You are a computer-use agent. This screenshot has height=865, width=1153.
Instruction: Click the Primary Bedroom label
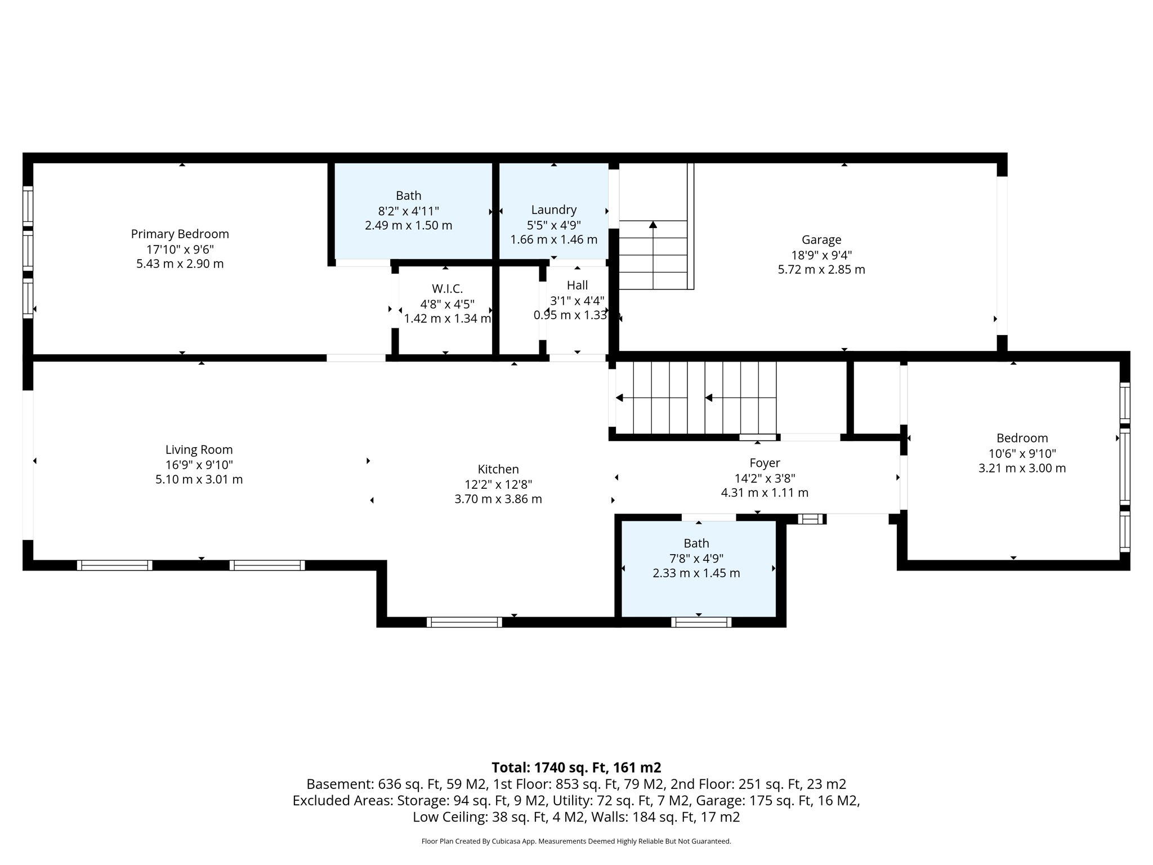tap(180, 234)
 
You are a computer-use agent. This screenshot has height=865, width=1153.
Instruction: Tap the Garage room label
tap(821, 240)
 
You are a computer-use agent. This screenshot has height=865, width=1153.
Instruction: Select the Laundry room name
tap(554, 209)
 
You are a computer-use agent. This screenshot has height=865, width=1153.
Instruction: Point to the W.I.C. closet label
tap(447, 289)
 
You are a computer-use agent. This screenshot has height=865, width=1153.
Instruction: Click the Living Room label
tap(199, 449)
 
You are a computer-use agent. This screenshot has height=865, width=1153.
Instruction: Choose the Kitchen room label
tap(498, 469)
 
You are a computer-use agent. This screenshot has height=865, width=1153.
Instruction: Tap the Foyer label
tap(765, 463)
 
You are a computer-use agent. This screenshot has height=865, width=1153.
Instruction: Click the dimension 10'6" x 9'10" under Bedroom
tap(1022, 453)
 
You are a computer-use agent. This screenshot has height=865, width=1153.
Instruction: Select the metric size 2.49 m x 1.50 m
tap(408, 225)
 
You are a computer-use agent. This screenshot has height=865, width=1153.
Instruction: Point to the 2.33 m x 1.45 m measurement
tap(696, 573)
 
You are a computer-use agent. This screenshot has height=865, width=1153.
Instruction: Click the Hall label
tap(577, 286)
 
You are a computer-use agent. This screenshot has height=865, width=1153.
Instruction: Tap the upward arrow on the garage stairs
tap(653, 225)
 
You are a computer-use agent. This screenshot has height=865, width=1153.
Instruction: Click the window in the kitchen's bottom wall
tap(464, 622)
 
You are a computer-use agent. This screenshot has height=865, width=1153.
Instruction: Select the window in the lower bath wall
tap(701, 622)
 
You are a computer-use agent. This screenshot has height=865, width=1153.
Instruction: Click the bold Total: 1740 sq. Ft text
tap(576, 768)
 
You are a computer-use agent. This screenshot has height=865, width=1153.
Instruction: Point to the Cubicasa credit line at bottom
tap(576, 841)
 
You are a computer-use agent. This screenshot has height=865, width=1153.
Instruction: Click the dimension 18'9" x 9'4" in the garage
tap(821, 255)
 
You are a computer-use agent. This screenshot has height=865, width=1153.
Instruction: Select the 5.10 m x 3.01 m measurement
tap(199, 480)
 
